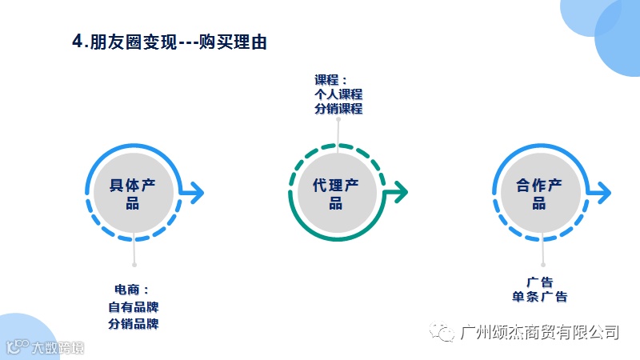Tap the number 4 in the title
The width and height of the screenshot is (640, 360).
click(77, 42)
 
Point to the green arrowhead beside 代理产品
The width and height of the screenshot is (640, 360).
click(401, 192)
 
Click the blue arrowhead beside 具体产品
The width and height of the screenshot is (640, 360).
click(198, 192)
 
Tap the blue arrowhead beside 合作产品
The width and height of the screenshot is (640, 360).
click(604, 192)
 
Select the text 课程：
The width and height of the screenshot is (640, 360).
click(331, 79)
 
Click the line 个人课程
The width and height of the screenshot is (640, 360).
click(338, 94)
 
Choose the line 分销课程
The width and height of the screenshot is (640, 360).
click(338, 108)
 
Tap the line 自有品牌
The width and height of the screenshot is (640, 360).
click(134, 307)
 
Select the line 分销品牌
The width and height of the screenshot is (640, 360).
click(134, 324)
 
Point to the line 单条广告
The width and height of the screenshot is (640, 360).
click(540, 297)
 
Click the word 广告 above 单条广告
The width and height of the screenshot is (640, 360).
click(540, 282)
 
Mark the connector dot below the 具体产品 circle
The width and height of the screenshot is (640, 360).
click(134, 264)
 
